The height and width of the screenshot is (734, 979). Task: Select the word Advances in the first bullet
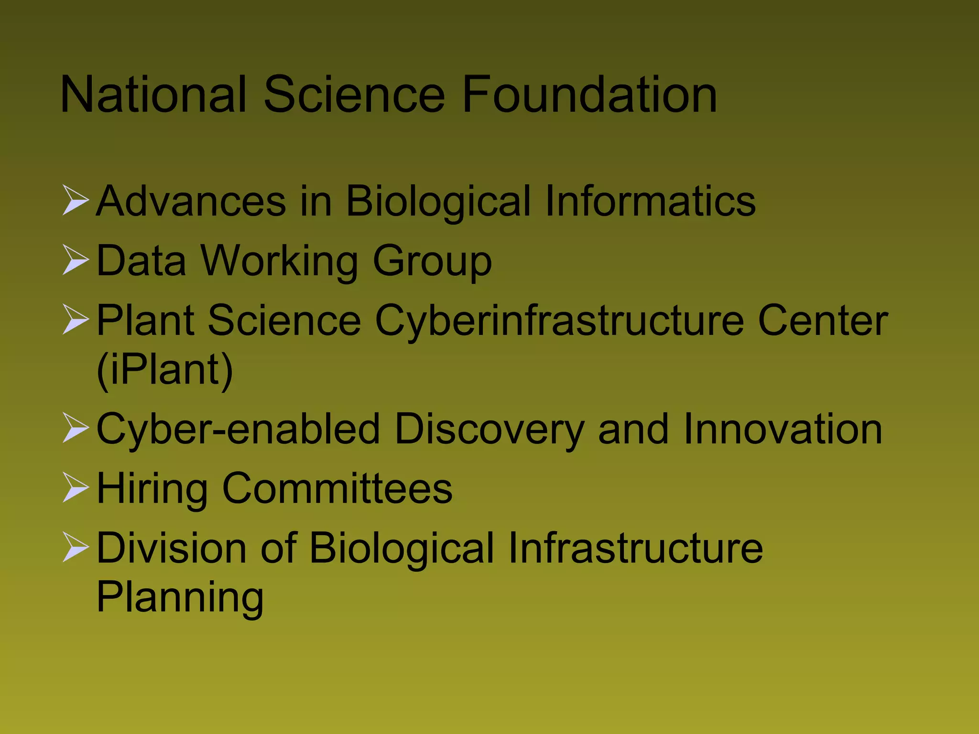191,201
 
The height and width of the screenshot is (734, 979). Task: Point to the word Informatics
650,201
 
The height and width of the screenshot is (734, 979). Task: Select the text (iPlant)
165,370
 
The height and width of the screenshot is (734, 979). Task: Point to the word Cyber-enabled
239,429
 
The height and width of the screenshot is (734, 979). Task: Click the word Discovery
490,429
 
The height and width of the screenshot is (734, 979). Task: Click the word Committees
337,488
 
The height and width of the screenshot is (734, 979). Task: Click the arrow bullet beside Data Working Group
76,260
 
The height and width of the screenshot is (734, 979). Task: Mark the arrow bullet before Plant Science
76,320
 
